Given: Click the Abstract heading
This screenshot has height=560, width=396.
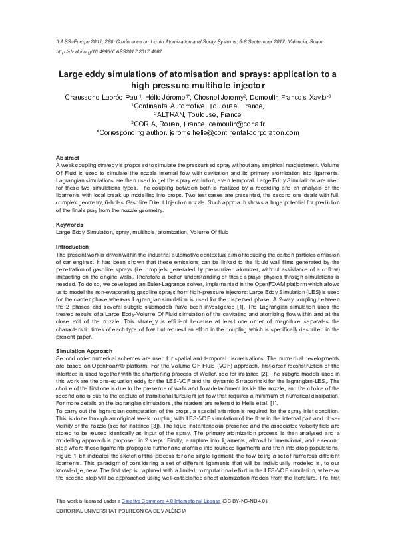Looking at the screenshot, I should click(x=67, y=157).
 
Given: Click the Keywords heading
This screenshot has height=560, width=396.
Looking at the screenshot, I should click(x=69, y=225).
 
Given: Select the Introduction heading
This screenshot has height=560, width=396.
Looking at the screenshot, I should click(x=72, y=246).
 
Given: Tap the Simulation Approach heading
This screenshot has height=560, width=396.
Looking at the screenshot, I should click(x=83, y=350).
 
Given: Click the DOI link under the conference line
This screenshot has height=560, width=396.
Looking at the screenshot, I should click(x=109, y=51).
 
